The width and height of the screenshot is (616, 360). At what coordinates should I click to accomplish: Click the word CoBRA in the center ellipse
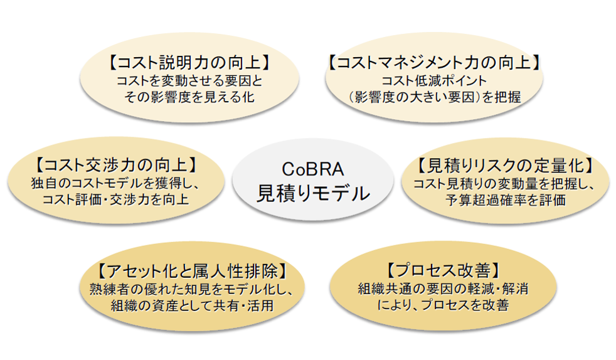click(x=313, y=169)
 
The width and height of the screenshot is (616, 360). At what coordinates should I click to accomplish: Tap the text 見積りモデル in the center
click(x=313, y=193)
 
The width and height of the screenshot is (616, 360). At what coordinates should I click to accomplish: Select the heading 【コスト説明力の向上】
click(x=189, y=63)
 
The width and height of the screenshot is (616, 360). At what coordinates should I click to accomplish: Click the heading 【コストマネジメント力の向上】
click(x=434, y=63)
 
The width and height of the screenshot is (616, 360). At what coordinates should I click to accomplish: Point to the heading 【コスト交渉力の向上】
click(x=116, y=166)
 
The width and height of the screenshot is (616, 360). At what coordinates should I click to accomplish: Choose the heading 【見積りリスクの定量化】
click(x=505, y=166)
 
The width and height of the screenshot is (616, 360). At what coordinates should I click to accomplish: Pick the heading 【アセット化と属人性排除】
click(x=192, y=271)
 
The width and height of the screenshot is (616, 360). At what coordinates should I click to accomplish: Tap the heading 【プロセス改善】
click(x=443, y=270)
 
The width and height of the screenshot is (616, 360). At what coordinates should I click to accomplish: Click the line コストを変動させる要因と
click(x=189, y=81)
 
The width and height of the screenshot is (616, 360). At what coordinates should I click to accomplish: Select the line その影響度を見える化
click(x=189, y=97)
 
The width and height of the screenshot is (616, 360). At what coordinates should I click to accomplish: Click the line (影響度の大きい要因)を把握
click(x=434, y=97)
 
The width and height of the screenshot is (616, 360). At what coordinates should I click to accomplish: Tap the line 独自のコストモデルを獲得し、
click(x=116, y=183)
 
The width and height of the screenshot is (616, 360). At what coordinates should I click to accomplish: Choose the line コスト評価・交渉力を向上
click(x=116, y=199)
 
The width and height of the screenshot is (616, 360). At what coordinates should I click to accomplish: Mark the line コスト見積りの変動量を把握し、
click(x=505, y=184)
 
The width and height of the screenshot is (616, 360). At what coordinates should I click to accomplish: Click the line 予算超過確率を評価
click(x=506, y=200)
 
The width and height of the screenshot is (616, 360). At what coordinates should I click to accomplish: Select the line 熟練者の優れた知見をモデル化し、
click(x=192, y=289)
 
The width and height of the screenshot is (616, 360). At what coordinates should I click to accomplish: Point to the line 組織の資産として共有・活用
click(x=192, y=305)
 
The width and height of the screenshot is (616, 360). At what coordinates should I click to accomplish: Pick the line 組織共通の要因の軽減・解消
click(x=443, y=289)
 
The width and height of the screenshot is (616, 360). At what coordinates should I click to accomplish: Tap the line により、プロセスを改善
click(x=443, y=305)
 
